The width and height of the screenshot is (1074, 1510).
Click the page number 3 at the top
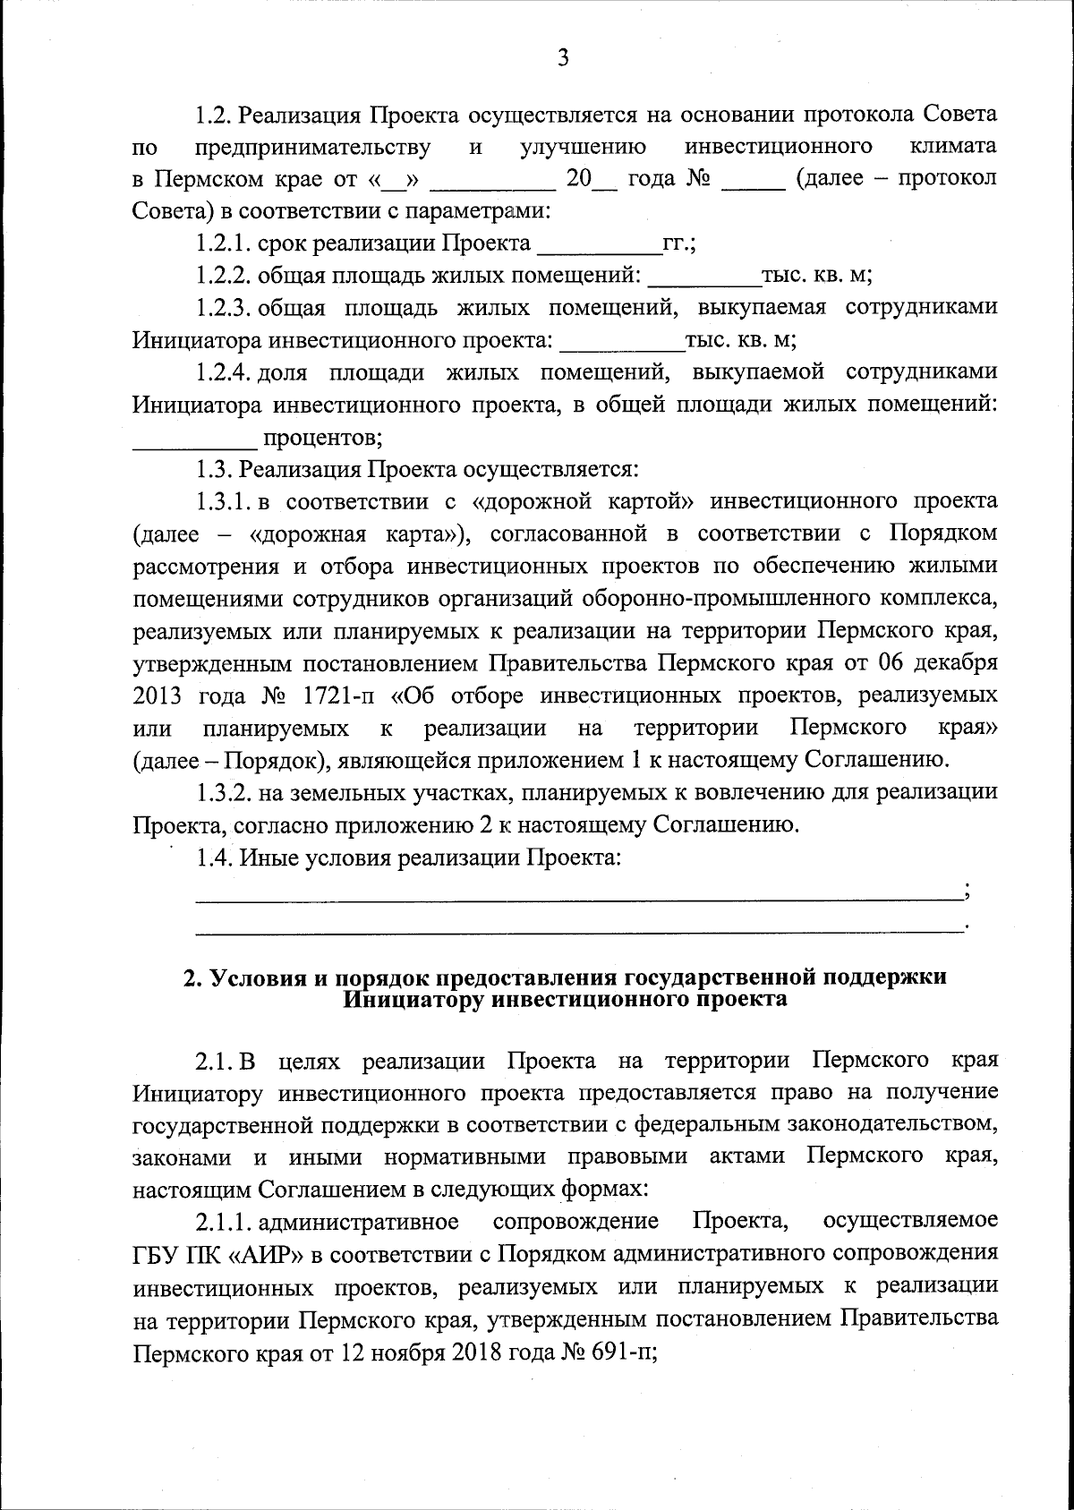(562, 58)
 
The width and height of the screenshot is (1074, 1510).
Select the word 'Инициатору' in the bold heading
(405, 999)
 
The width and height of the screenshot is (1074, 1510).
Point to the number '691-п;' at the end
(623, 1352)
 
